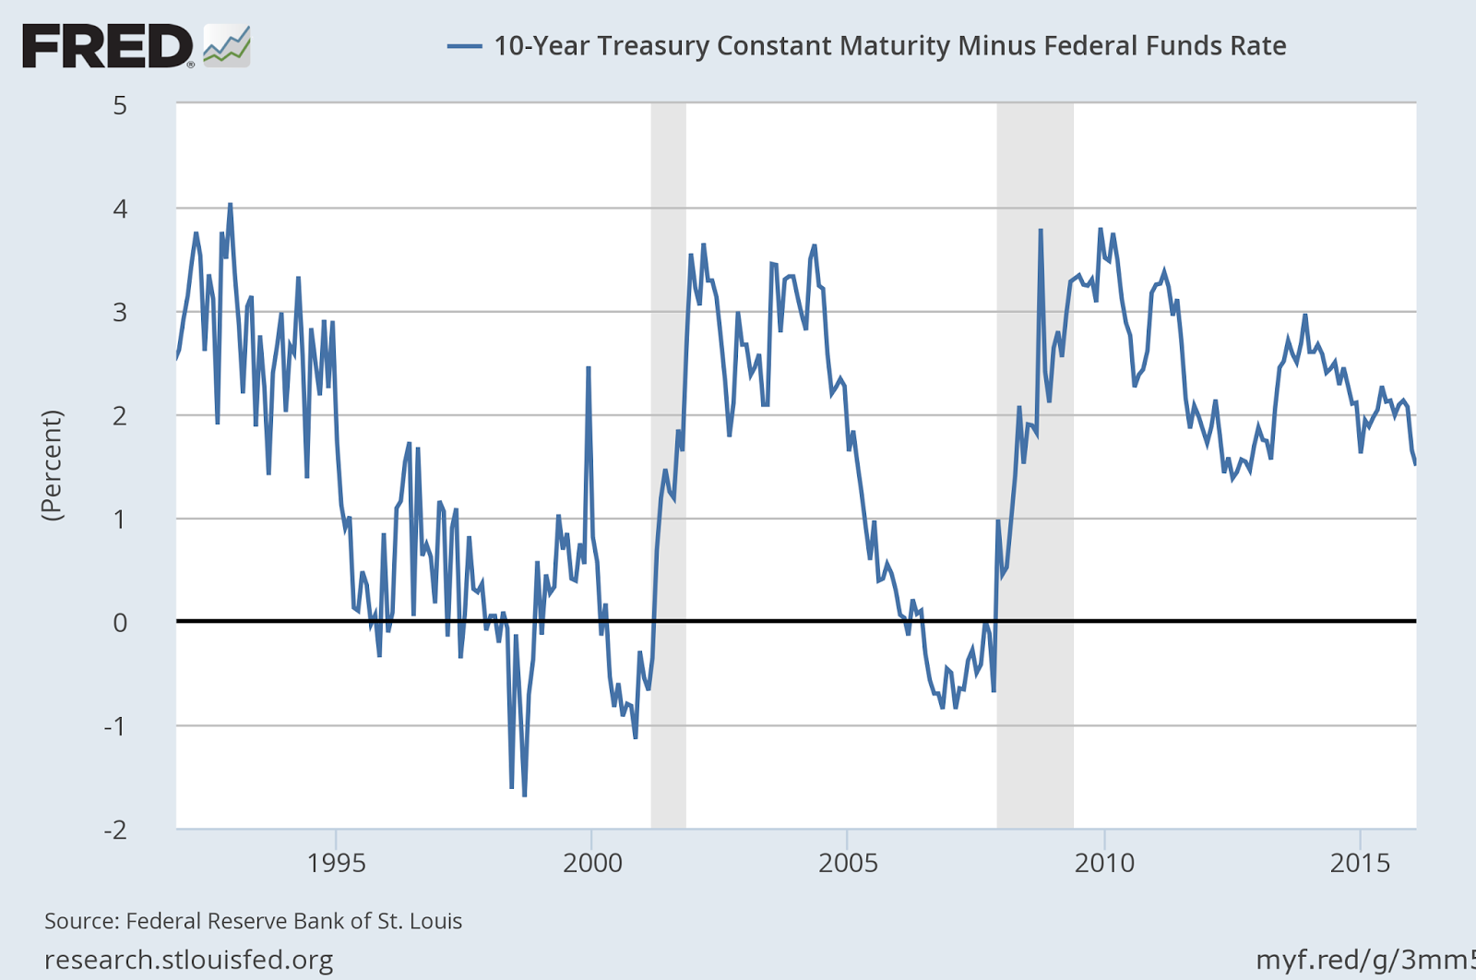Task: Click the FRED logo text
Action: click(x=106, y=46)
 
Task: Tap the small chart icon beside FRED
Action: click(x=227, y=46)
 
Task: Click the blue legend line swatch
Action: click(x=464, y=46)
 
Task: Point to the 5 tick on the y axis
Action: click(x=120, y=105)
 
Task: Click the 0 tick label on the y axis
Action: click(x=120, y=623)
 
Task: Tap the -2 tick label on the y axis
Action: click(x=114, y=830)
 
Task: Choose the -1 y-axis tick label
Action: click(x=114, y=726)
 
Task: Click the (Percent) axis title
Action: click(x=53, y=466)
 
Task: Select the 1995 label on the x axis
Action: click(x=336, y=863)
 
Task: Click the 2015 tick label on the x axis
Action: click(x=1359, y=863)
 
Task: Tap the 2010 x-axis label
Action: click(x=1103, y=863)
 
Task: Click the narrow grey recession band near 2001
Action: click(x=668, y=461)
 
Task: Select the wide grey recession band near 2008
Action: click(x=1034, y=461)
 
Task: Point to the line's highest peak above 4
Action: click(x=230, y=204)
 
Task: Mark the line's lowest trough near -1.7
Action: click(x=524, y=795)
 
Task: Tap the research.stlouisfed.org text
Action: click(x=189, y=961)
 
